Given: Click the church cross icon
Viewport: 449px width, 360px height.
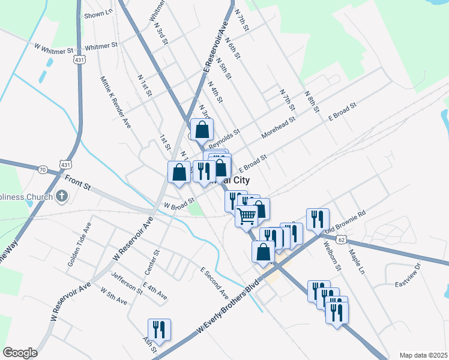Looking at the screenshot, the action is (x=61, y=196).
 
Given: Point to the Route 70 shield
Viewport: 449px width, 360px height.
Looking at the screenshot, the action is (x=42, y=170).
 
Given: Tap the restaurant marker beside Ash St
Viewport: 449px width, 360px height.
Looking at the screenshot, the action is (x=159, y=329).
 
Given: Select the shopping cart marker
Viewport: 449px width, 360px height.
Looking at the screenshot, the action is (x=246, y=216).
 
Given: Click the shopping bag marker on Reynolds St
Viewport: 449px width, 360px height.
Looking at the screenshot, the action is (x=202, y=129).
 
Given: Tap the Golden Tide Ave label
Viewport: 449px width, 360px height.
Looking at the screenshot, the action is (x=79, y=247).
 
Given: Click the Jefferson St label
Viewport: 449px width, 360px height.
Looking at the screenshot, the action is (x=127, y=283).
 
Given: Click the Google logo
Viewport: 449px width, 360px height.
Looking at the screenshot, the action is (x=20, y=353).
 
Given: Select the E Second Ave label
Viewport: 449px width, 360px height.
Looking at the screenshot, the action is (x=214, y=283).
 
